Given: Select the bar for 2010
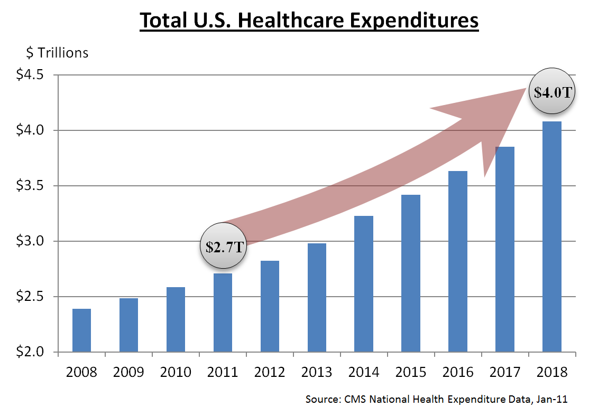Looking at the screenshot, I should point(176,319).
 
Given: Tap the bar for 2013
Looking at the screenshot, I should point(317,298).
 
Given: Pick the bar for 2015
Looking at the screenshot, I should point(411,273).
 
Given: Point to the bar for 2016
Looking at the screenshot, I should point(458,261).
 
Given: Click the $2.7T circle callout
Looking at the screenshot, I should point(223,247).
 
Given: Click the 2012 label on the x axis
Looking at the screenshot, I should point(270,372).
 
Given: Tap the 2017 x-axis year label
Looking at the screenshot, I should point(505,372).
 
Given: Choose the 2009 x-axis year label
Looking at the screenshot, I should point(128,372).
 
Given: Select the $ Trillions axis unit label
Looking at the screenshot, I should point(57,53).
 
